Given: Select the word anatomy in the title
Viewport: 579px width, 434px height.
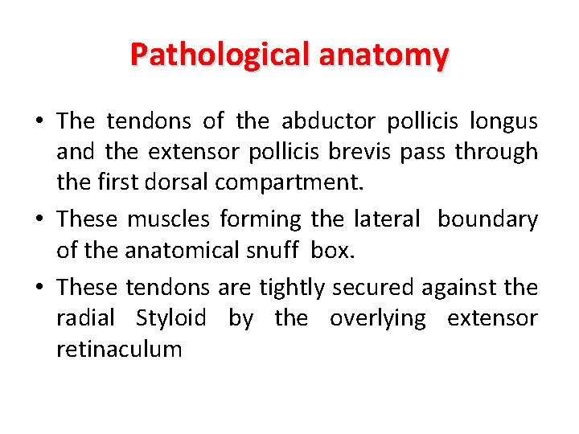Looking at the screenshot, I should [x=384, y=55].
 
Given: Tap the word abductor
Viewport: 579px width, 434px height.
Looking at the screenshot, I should [x=328, y=121].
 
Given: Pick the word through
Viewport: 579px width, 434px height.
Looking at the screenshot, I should [x=496, y=152].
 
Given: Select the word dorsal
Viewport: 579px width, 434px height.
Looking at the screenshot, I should [x=179, y=182].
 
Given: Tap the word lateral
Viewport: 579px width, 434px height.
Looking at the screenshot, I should [x=386, y=219].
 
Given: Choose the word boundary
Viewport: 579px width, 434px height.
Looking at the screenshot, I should [x=487, y=219].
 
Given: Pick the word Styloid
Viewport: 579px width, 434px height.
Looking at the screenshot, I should [x=170, y=318].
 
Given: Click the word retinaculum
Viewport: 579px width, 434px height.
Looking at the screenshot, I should [x=119, y=349].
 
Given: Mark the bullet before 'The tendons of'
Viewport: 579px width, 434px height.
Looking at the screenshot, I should [x=39, y=122].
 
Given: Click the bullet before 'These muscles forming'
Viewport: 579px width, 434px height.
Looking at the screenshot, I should [x=39, y=220].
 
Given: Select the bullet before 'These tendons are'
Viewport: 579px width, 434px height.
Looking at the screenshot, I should [x=39, y=288].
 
